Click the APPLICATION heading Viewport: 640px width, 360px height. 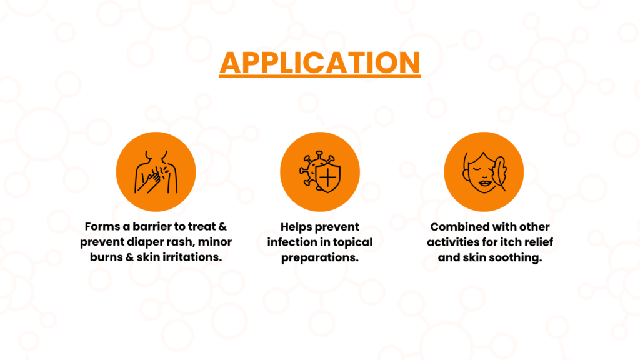(x=320, y=62)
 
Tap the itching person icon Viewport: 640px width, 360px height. (x=156, y=172)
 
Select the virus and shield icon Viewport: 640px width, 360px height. (x=320, y=172)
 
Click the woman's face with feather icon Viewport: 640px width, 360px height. (x=484, y=172)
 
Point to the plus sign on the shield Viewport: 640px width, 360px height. (x=328, y=178)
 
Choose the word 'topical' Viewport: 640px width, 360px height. (x=352, y=242)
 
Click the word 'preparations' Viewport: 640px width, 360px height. (x=320, y=258)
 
